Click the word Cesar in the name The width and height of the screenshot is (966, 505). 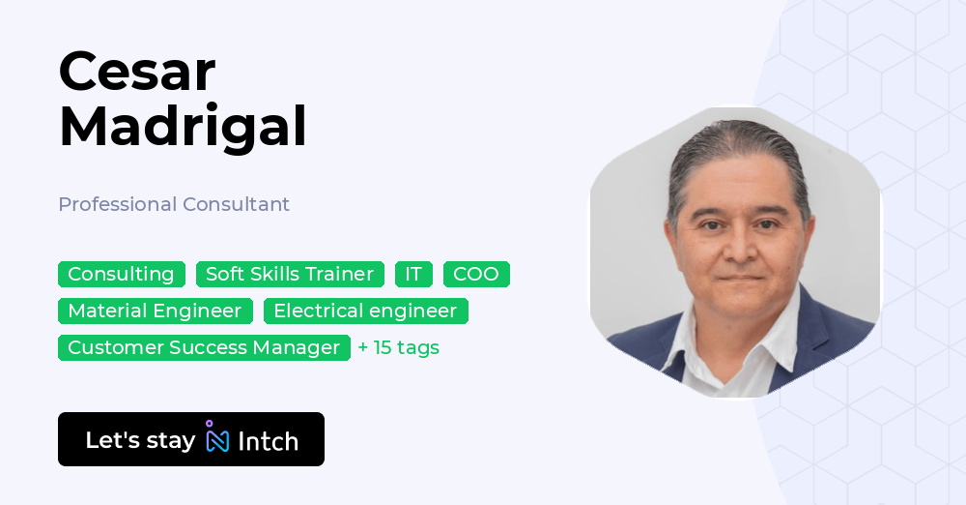[136, 71]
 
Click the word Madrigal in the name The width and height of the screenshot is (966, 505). [183, 127]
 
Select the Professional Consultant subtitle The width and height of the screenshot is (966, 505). [174, 204]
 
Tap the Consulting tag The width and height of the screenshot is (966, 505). [121, 274]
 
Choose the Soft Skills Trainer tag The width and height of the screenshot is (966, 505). [290, 274]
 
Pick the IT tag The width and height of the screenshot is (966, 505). [413, 274]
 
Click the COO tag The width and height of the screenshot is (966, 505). [476, 274]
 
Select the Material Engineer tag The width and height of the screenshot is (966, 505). [155, 311]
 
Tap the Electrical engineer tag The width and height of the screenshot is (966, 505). [365, 311]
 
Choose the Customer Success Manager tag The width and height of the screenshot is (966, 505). [204, 347]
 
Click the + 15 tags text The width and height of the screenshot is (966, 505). [398, 347]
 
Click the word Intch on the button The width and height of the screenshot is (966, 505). [268, 441]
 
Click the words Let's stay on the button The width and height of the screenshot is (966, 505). [140, 440]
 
